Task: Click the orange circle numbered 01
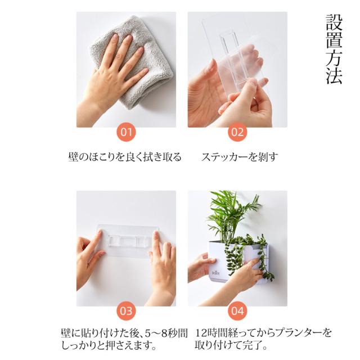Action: point(126,133)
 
